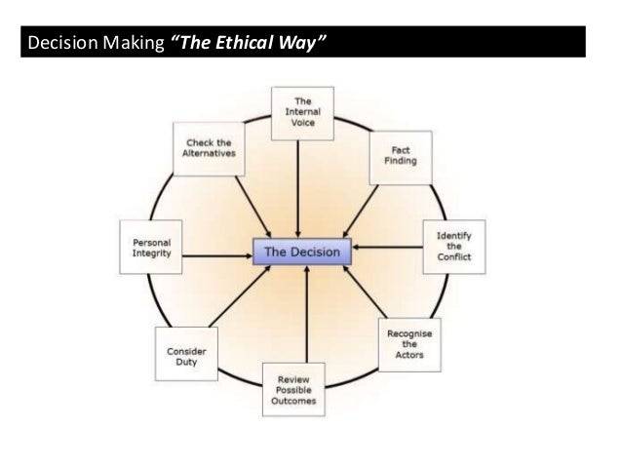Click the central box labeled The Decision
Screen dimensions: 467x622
[x=303, y=253]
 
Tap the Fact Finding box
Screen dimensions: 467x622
[x=401, y=156]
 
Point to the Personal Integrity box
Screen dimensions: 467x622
[x=151, y=248]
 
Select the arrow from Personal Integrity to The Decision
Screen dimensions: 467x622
[x=219, y=255]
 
